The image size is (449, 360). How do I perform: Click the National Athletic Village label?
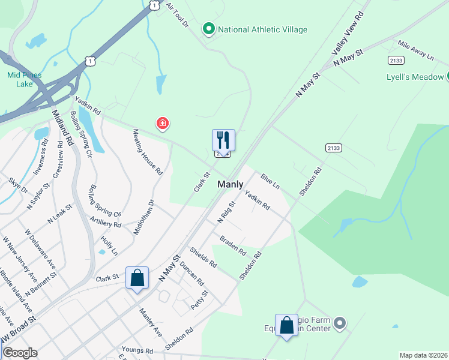pos(262,29)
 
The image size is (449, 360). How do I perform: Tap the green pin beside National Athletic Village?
pos(209,28)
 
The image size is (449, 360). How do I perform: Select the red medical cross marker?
pos(162,124)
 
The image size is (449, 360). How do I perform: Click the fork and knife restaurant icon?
pos(223,140)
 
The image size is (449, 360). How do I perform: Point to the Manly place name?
pos(231,185)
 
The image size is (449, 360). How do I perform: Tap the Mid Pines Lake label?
pos(22,79)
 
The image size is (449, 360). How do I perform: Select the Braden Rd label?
pos(233,244)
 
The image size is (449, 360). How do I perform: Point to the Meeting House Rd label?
pos(148,152)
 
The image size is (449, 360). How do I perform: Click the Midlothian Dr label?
pos(144,217)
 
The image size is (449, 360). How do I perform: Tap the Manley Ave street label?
pos(151,322)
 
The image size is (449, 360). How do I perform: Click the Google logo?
pos(19,353)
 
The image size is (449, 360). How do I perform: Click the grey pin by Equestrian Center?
pos(340,324)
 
